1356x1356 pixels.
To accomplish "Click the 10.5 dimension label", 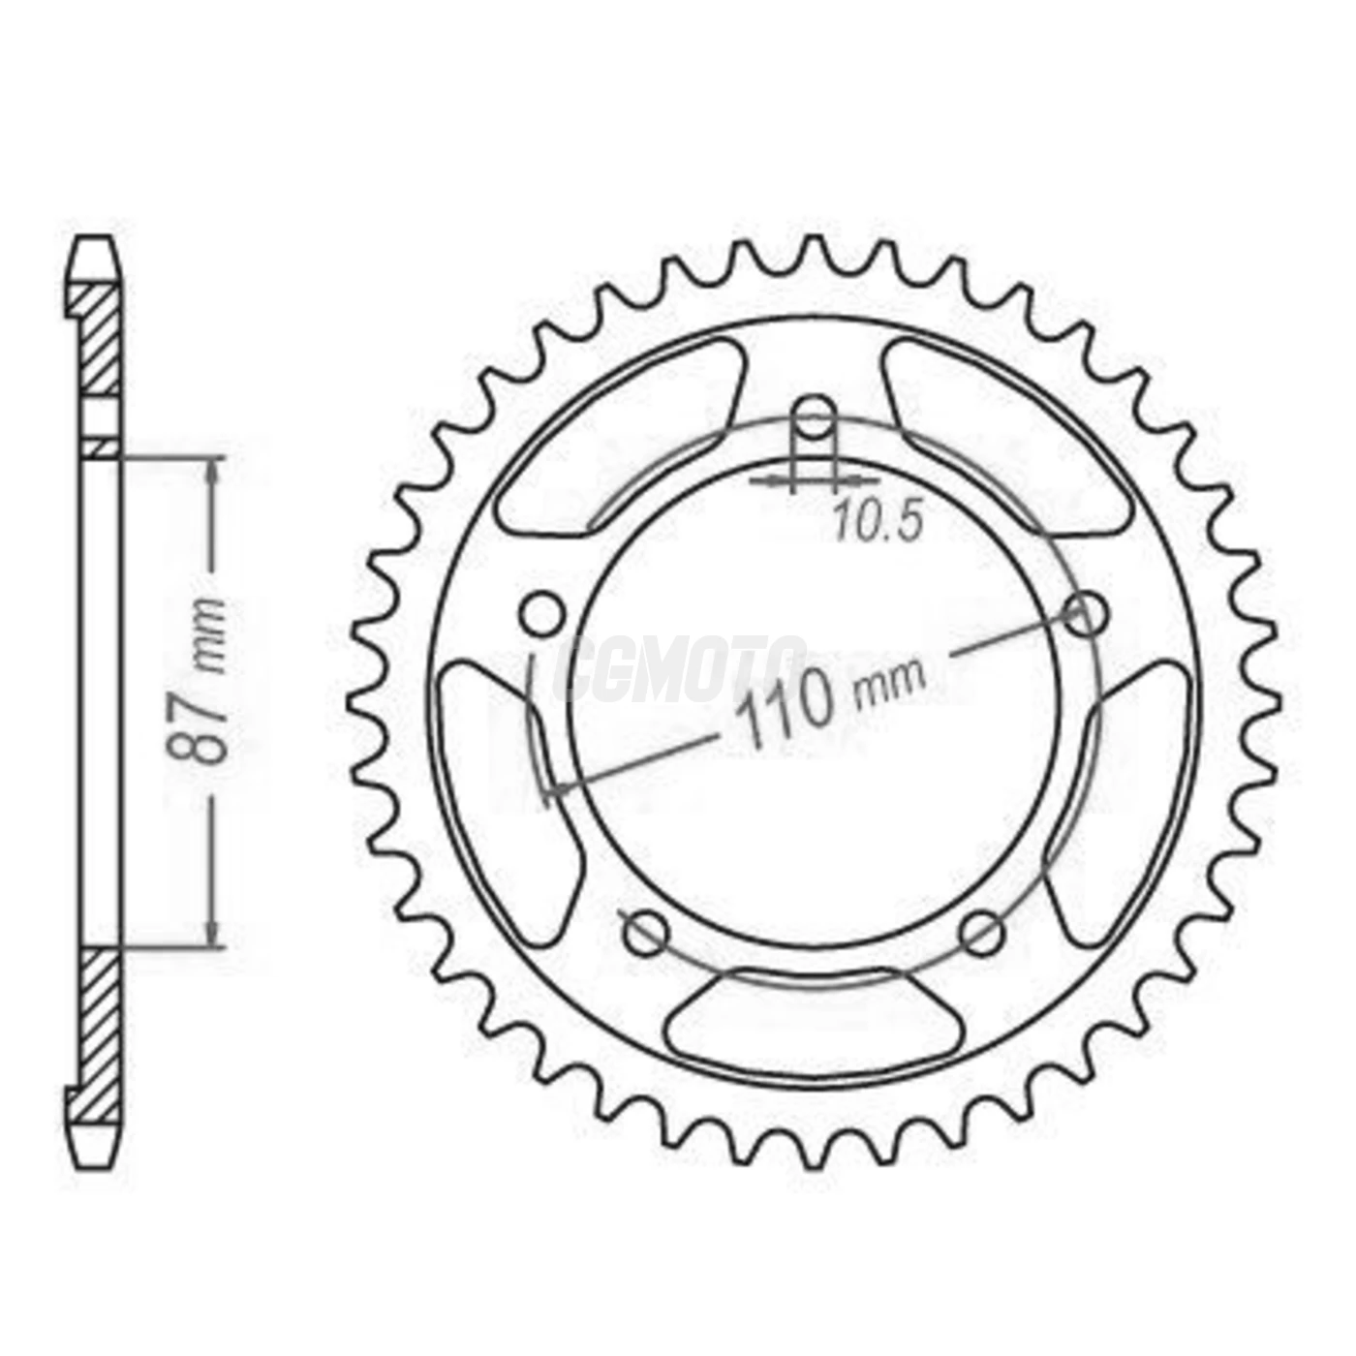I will click(878, 524).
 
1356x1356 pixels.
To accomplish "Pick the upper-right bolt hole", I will click(1086, 613).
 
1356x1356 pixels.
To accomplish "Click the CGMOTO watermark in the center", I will click(683, 668).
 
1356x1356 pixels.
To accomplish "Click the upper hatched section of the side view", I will click(99, 339).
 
